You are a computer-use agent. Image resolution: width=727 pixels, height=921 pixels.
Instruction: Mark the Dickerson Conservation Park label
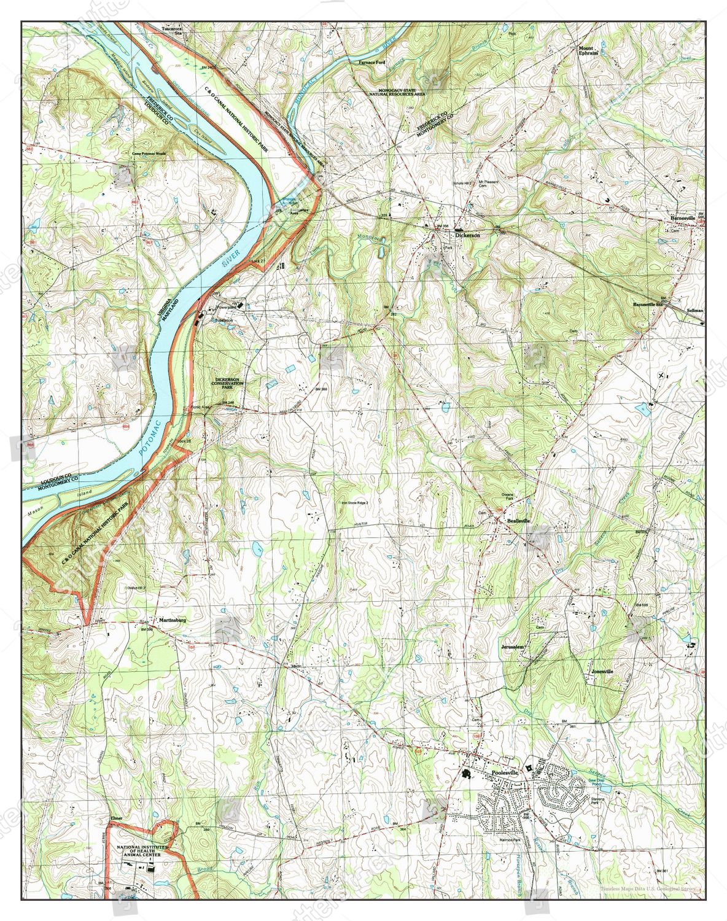228,384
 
